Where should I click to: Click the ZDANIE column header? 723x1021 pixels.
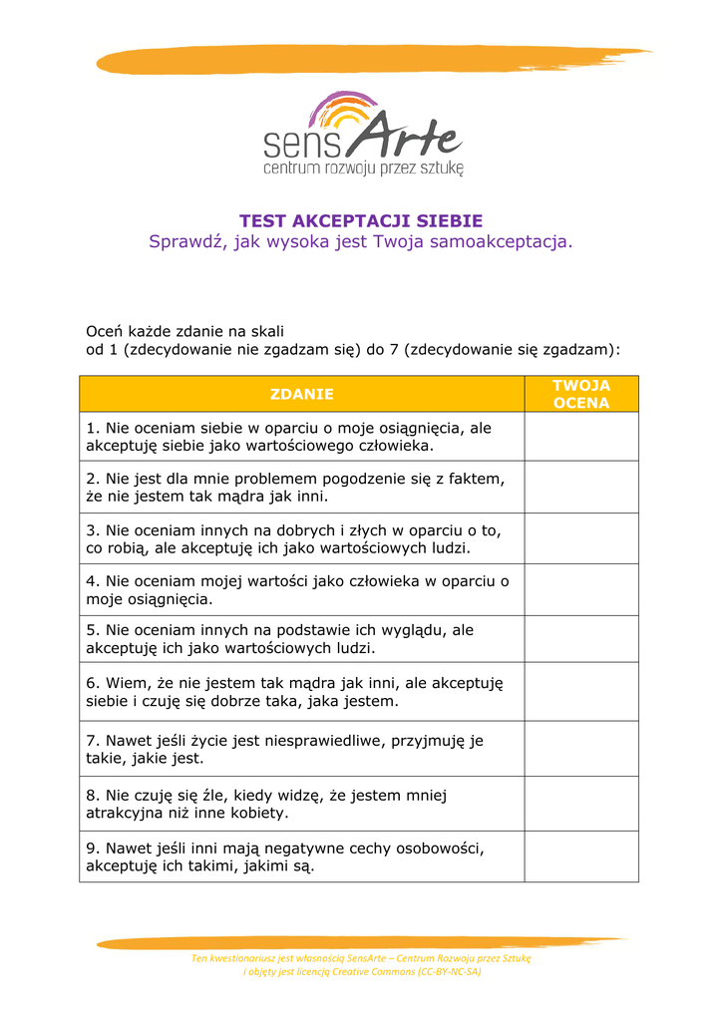301,394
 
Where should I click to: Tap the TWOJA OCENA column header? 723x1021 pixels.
581,394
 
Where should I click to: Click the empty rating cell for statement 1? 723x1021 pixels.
581,437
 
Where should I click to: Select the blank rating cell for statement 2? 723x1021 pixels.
581,487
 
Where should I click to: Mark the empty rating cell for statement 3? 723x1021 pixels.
581,538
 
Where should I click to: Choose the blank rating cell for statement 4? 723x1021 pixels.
581,589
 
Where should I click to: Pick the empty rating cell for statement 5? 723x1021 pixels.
581,639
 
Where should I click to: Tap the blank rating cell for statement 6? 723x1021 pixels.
581,691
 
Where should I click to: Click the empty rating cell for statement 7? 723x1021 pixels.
581,748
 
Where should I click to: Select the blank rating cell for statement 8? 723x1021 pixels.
581,804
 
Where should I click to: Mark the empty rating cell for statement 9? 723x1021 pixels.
581,856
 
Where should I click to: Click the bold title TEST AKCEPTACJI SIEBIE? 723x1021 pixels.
361,220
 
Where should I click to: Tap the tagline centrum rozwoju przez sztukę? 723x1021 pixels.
363,169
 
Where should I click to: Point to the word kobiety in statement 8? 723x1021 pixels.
259,813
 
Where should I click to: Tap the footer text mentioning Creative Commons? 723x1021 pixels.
361,971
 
